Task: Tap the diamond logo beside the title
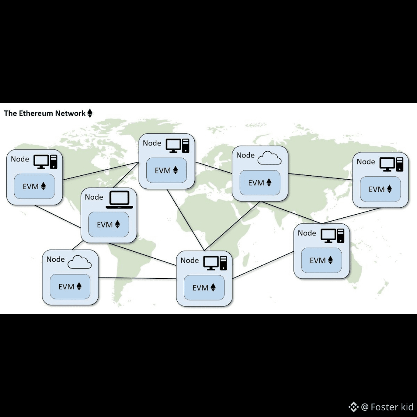[x=90, y=113]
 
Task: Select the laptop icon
[x=119, y=200]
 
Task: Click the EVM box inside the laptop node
[x=108, y=224]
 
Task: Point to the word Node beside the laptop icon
[x=94, y=197]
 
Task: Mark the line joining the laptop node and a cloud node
[x=77, y=245]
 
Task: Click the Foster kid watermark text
[x=392, y=407]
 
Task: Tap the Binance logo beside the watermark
[x=353, y=407]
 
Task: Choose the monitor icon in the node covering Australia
[x=328, y=236]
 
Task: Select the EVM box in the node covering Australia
[x=321, y=260]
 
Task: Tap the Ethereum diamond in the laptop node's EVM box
[x=117, y=224]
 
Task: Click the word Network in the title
[x=70, y=113]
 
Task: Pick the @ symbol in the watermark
[x=365, y=407]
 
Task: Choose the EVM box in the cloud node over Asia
[x=260, y=183]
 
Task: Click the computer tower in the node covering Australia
[x=341, y=236]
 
